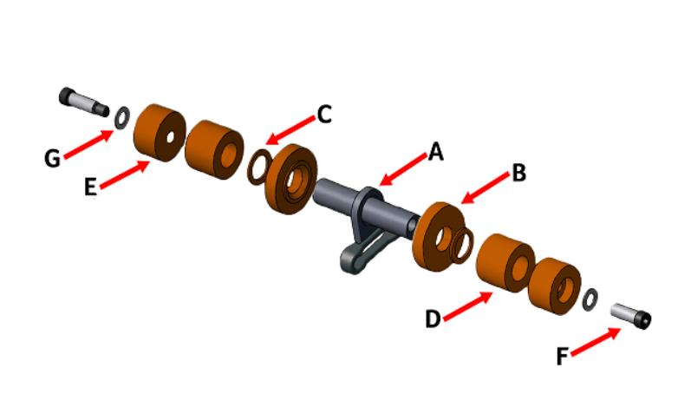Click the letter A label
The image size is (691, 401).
(x=435, y=151)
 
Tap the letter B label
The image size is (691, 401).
(x=519, y=173)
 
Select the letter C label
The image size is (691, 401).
(x=324, y=115)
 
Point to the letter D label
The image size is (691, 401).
(x=433, y=319)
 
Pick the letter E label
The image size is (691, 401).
(x=90, y=187)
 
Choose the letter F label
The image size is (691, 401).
(x=562, y=356)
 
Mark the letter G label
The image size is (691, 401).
(x=52, y=158)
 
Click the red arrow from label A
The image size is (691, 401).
(x=403, y=169)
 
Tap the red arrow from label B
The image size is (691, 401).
(x=485, y=188)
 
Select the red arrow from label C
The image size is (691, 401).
(x=290, y=130)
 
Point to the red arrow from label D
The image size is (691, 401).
(x=468, y=306)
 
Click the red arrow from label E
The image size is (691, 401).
(x=125, y=174)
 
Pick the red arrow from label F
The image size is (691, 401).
(x=596, y=341)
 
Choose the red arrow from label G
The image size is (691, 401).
(x=88, y=144)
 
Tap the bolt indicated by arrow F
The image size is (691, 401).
(x=630, y=315)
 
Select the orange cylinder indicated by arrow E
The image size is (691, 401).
(x=160, y=133)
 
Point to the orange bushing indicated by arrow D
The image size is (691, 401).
(x=505, y=263)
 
